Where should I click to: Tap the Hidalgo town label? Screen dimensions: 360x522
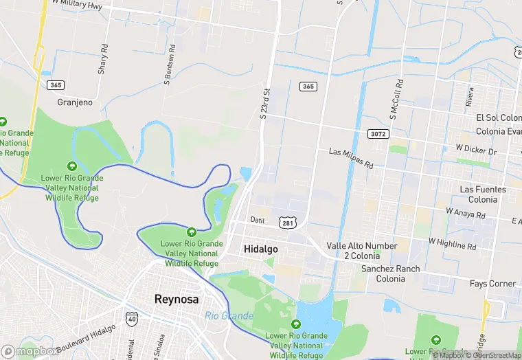tap(261, 249)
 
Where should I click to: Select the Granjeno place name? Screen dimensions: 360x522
tap(75, 102)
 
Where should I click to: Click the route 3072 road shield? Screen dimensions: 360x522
tap(377, 133)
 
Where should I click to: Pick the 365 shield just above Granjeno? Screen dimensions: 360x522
tap(56, 85)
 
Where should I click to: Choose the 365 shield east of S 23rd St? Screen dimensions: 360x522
tap(308, 86)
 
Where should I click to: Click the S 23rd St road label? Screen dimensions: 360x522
tap(266, 102)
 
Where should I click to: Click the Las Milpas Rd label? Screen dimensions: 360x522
tap(351, 158)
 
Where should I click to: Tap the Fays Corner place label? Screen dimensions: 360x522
tap(492, 283)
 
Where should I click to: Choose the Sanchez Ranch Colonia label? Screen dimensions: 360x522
tap(390, 273)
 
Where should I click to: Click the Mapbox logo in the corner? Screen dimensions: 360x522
tap(30, 351)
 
